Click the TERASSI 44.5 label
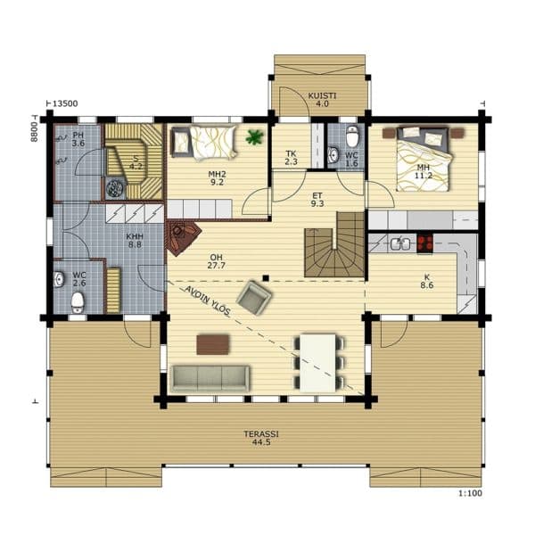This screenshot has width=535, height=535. click(261, 438)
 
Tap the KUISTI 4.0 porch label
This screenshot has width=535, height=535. click(322, 100)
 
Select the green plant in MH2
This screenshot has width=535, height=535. click(254, 137)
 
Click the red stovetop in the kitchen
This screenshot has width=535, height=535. click(425, 243)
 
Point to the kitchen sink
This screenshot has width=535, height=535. click(400, 243)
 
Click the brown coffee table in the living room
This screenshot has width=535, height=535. click(212, 344)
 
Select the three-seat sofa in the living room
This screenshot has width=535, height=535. click(210, 378)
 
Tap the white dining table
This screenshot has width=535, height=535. click(318, 363)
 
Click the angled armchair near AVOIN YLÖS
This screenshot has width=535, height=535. click(254, 297)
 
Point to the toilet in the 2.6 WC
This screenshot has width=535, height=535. click(78, 302)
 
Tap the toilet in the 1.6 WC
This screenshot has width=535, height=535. click(352, 136)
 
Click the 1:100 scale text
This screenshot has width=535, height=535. click(470, 493)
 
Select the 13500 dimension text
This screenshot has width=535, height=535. click(65, 103)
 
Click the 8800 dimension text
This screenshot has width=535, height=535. click(34, 132)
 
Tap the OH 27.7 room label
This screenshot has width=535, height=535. click(217, 261)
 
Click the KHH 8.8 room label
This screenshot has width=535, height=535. click(135, 240)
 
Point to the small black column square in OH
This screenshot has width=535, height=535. click(266, 278)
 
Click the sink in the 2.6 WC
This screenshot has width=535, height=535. click(59, 279)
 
